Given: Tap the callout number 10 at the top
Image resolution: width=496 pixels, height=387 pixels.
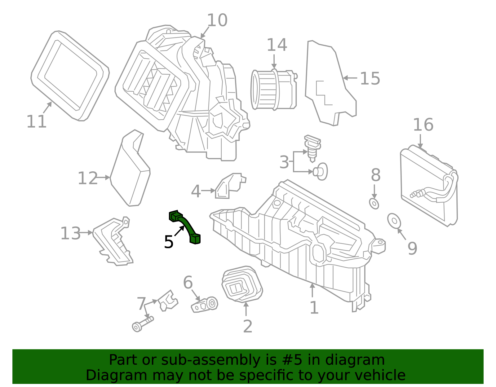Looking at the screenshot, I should coord(217,20).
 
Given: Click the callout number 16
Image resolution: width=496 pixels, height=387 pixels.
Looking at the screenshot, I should coord(423,125).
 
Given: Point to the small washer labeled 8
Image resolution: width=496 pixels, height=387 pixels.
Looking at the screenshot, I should coord(374,204).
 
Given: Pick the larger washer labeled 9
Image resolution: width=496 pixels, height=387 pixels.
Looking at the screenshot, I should coord(394,221).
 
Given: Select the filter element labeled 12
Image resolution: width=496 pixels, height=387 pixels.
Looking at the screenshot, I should coord(130,174).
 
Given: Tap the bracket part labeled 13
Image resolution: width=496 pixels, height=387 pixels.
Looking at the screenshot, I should coord(113,242).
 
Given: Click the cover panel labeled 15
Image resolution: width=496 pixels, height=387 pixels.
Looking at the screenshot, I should coord(329,84).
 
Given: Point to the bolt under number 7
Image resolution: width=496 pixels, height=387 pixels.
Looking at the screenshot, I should coord(143,323).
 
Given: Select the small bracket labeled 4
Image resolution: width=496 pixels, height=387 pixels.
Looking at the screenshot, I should coord(229,186).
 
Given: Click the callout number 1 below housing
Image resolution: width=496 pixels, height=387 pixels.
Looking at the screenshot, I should coord(314,307).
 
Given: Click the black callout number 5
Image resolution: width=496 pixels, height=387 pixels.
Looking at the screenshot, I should coord(169,242).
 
